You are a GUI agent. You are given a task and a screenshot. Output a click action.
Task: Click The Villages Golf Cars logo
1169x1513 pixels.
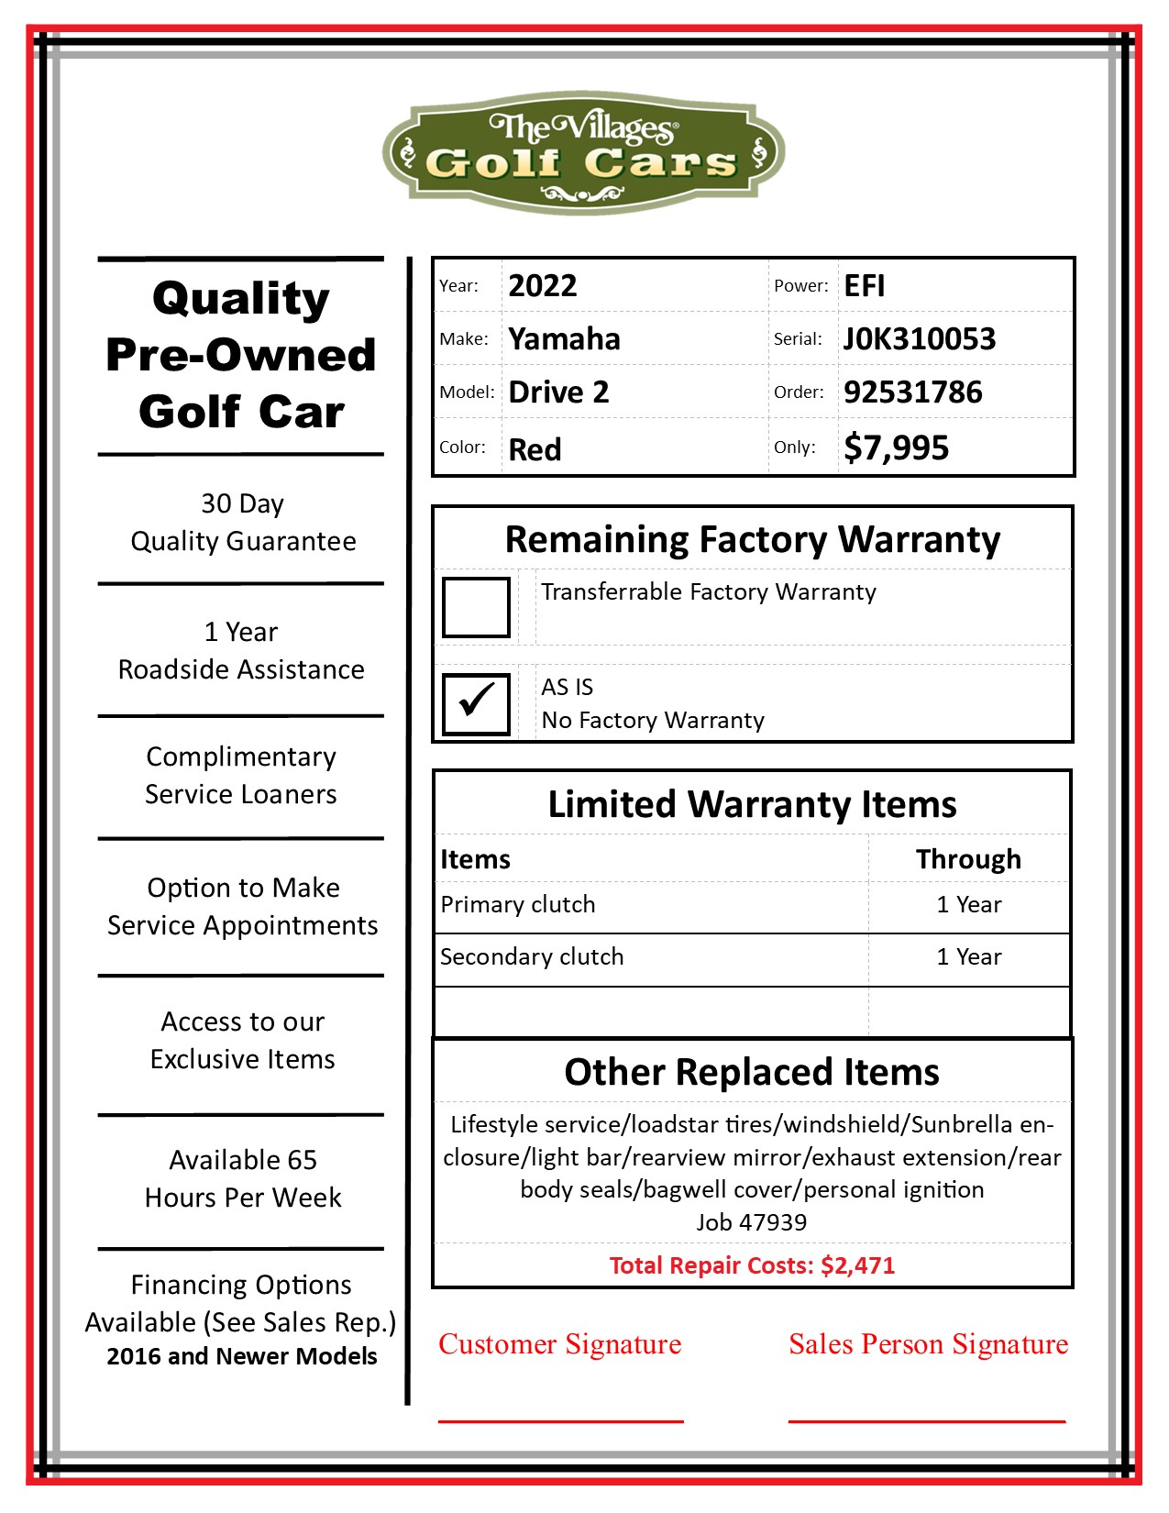583,152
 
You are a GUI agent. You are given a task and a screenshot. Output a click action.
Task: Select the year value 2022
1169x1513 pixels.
543,286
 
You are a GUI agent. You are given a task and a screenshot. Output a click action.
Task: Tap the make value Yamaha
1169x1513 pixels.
564,339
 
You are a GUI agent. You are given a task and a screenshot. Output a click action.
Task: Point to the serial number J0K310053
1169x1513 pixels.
919,339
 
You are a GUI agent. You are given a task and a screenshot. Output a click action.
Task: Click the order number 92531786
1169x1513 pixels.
912,392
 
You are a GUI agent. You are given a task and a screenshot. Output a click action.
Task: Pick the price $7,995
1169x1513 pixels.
896,448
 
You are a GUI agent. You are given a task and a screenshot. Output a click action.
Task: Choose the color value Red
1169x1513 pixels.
535,449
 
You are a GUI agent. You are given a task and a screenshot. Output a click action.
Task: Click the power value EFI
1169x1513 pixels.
864,286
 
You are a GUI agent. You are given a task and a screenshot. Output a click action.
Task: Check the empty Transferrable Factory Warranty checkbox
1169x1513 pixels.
476,607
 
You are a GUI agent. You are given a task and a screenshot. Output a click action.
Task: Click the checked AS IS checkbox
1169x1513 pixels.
476,704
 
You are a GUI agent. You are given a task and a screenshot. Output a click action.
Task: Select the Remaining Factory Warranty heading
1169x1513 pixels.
752,539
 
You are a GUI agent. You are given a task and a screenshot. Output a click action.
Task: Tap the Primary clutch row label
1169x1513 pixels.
518,905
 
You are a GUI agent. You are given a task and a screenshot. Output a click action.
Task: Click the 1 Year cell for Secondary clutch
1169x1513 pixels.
968,957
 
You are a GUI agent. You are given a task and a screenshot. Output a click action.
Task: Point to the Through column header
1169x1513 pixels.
968,859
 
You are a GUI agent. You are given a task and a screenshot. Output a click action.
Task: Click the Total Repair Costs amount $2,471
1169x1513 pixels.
857,1266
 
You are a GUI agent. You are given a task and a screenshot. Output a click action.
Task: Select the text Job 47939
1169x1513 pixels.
752,1222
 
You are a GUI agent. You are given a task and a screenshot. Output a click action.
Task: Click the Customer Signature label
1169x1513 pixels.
559,1344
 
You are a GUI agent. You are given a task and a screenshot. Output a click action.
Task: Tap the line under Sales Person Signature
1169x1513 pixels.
927,1421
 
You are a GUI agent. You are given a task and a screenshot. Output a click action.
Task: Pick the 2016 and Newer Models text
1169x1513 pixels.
241,1356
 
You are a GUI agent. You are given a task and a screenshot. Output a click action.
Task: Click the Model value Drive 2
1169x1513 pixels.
558,392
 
